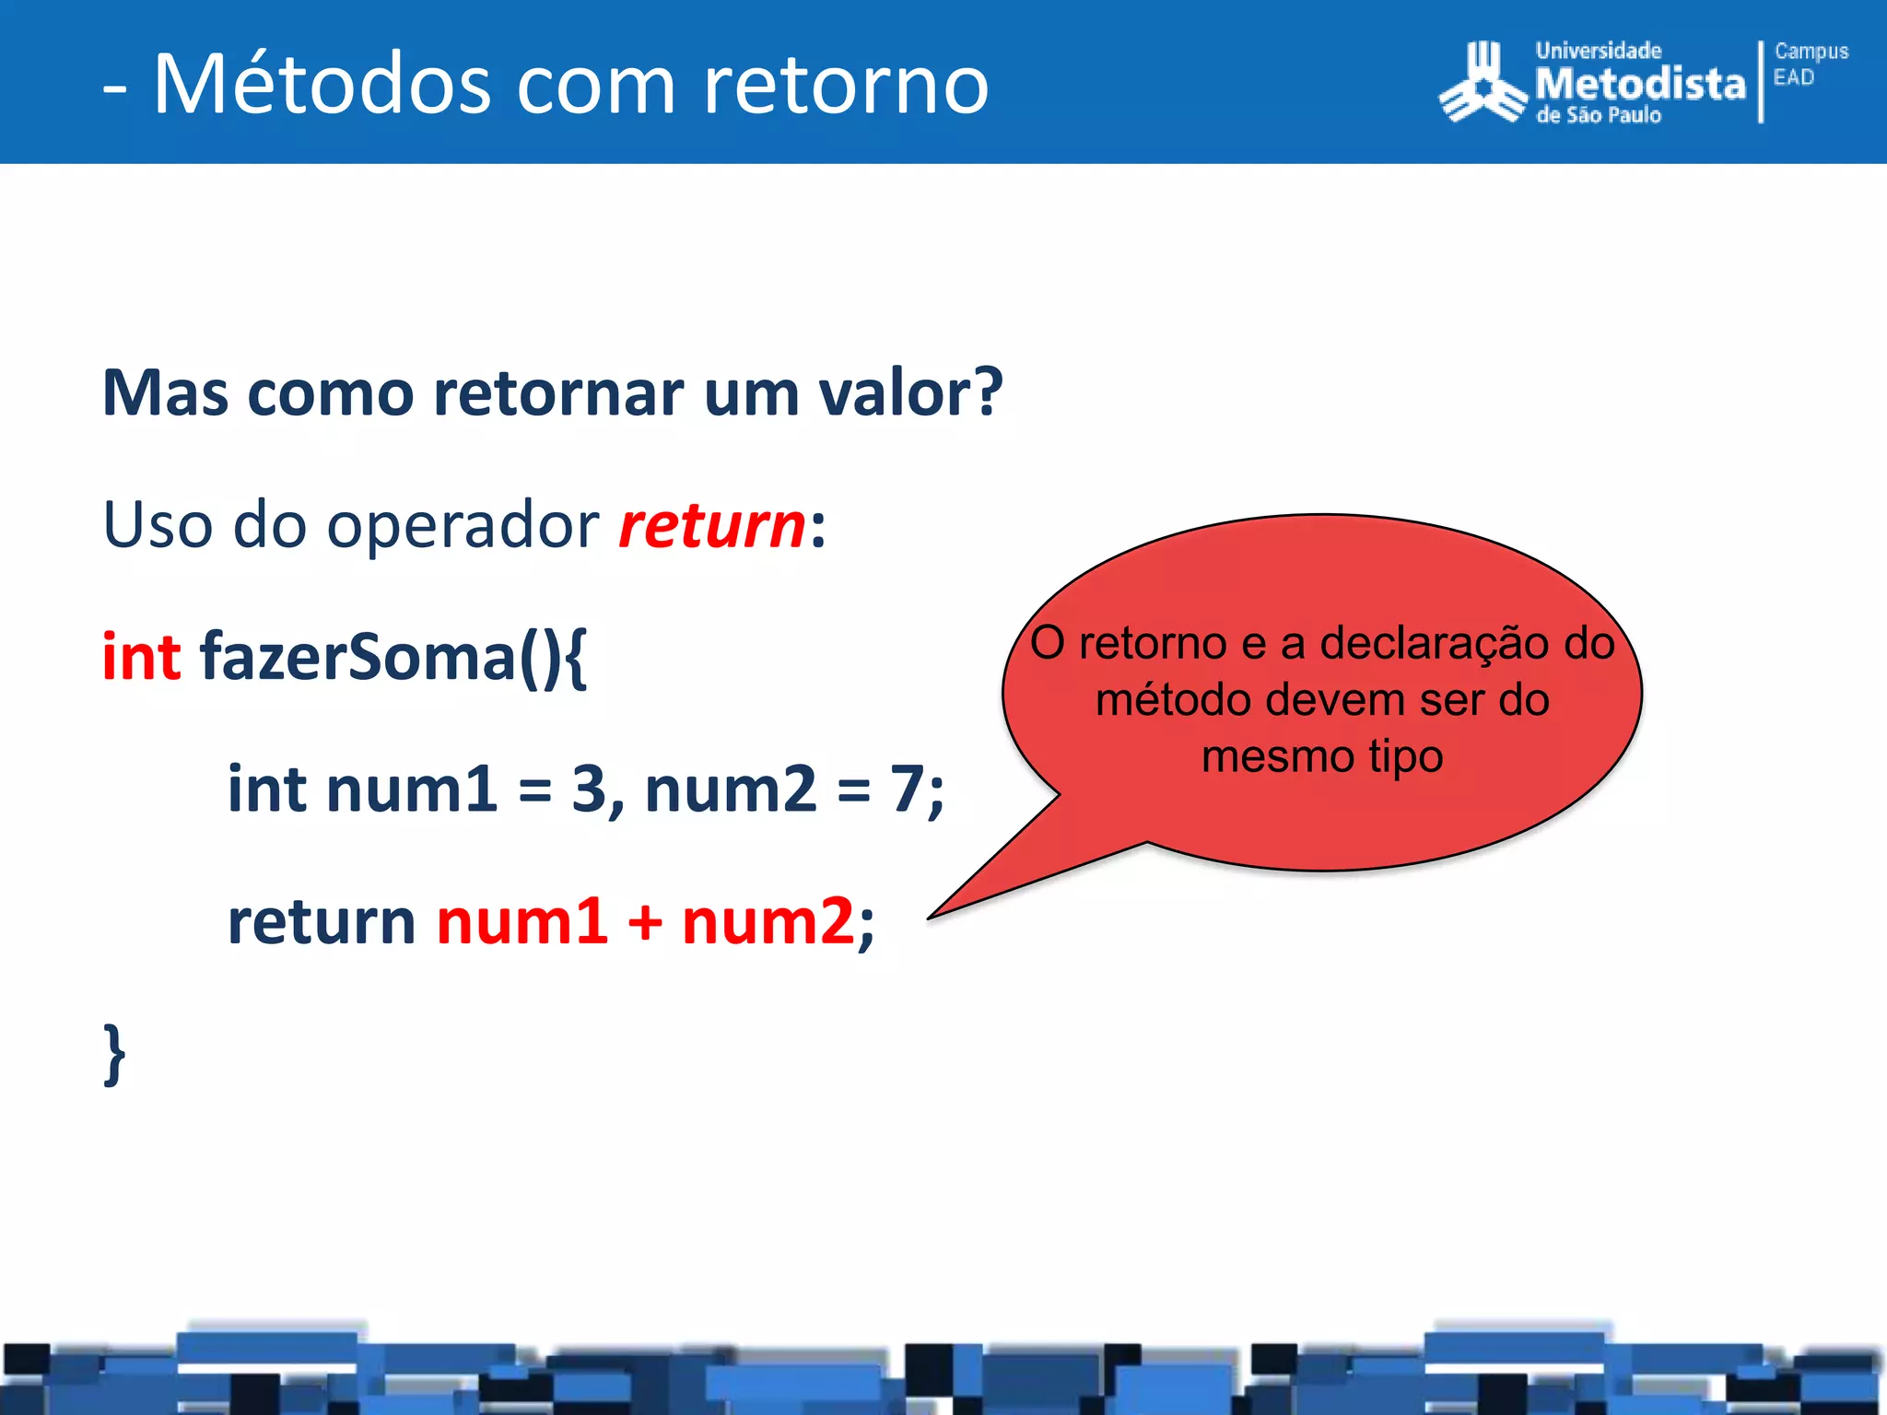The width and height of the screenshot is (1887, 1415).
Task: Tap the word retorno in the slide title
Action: click(845, 85)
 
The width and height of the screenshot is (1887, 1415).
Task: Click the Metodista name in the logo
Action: click(1640, 84)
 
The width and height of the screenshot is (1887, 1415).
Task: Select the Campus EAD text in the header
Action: click(1810, 64)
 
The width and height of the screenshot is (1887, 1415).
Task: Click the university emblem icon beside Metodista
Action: click(1482, 85)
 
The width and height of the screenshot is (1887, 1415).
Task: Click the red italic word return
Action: click(711, 525)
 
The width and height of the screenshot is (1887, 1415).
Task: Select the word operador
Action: click(463, 525)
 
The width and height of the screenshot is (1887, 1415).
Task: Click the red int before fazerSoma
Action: click(140, 657)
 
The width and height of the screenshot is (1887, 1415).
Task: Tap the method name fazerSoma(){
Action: click(393, 657)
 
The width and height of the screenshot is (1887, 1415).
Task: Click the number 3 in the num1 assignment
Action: click(590, 789)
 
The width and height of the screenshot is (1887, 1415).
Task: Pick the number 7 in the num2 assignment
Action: click(907, 789)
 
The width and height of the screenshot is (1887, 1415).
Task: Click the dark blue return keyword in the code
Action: click(322, 921)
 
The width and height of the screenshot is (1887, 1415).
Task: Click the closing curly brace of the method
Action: click(114, 1054)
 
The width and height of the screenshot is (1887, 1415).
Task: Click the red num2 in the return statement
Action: click(768, 921)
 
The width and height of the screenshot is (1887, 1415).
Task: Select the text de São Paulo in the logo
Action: click(1598, 115)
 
